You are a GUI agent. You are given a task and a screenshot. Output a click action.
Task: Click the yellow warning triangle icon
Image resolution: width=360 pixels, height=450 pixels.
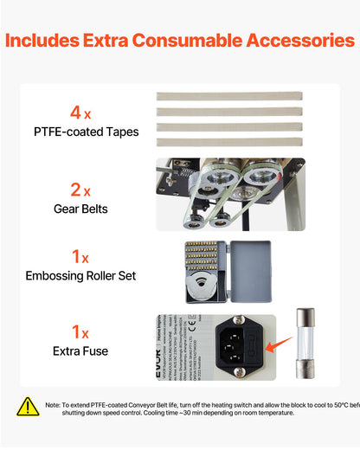pyautogui.click(x=29, y=407)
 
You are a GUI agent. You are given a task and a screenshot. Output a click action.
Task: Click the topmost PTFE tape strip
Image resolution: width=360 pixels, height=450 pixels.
pyautogui.click(x=229, y=96)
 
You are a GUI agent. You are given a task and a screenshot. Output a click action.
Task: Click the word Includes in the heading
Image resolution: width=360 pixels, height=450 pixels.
pyautogui.click(x=61, y=41)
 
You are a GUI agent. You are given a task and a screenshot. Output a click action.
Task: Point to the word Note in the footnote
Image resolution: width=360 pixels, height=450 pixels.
pyautogui.click(x=54, y=403)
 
